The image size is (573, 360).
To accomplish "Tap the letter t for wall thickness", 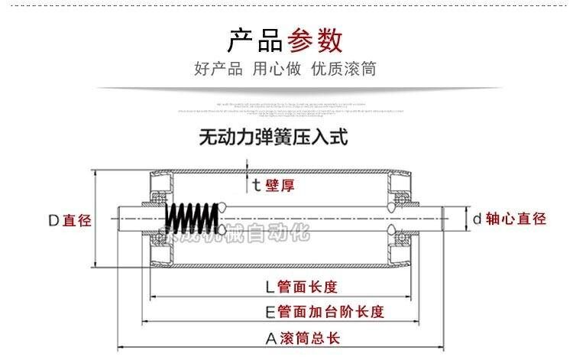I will point(257,185).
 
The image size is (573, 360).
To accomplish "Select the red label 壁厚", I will point(280,185).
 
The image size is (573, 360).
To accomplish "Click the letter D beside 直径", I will point(53,221).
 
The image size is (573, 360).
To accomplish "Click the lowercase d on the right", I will point(477,219).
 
